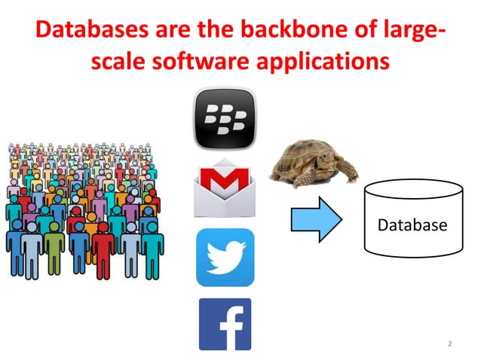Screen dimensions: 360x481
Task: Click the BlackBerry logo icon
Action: pyautogui.click(x=224, y=117)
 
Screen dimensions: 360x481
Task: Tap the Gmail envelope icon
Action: pyautogui.click(x=224, y=188)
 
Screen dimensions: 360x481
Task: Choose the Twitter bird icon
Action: pyautogui.click(x=225, y=257)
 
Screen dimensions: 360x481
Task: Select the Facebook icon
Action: pyautogui.click(x=225, y=324)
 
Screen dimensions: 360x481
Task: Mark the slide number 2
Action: pyautogui.click(x=450, y=344)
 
